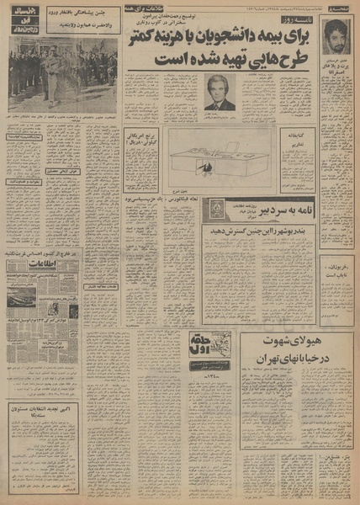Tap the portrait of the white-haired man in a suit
[220, 92]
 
